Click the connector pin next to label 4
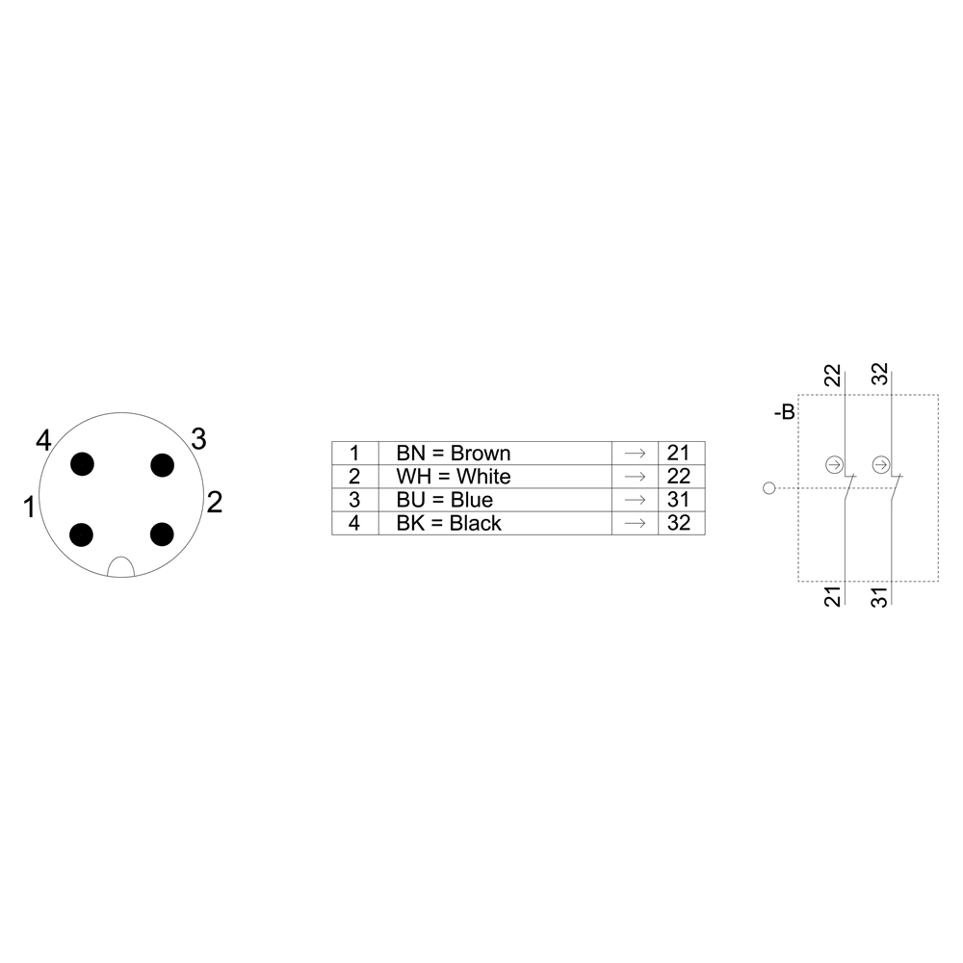82,464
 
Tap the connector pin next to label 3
162,465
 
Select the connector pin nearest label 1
82,534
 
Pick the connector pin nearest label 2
162,534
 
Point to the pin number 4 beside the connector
43,440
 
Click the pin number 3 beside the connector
198,438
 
